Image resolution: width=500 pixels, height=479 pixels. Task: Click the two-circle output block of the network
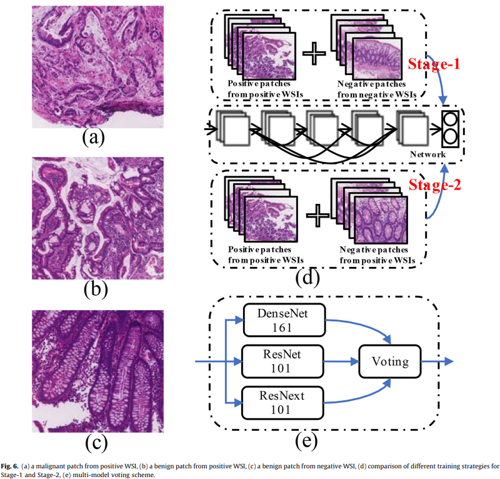(x=449, y=128)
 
